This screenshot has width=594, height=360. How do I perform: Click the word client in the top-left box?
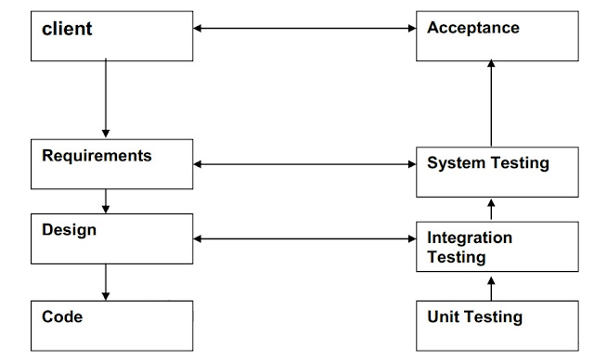68,29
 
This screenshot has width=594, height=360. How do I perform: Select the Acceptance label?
472,28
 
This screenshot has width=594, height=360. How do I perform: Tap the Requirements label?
97,155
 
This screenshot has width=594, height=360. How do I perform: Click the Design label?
69,228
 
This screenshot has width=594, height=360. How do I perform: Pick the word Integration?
469,238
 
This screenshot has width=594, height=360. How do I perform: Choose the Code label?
62,316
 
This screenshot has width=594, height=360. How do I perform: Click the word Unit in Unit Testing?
442,317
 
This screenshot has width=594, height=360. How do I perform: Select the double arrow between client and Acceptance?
304,28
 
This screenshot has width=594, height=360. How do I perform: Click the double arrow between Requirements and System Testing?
304,165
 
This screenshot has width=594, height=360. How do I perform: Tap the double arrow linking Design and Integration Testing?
304,239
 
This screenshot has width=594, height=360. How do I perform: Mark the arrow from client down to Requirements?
106,97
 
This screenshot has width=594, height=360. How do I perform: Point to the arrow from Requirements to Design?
106,200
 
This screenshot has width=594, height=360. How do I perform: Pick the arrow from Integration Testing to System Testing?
491,210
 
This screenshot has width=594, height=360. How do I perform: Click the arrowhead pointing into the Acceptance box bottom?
491,67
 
